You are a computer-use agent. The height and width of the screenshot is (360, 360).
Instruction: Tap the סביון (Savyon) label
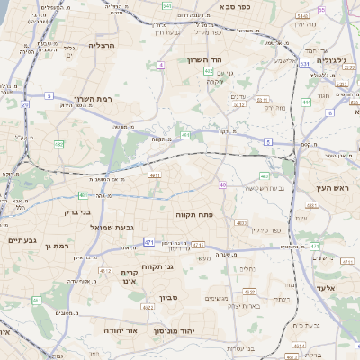coord(170,295)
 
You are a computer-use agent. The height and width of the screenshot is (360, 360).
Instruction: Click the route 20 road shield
coord(25,105)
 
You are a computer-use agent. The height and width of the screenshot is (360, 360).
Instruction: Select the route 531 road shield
coord(305,64)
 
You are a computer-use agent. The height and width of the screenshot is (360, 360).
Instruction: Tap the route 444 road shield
coord(307,103)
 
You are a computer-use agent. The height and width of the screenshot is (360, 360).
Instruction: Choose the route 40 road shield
coord(222,185)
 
